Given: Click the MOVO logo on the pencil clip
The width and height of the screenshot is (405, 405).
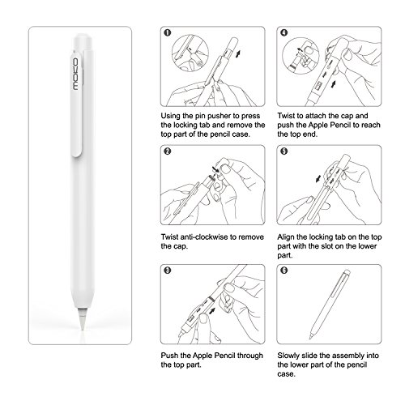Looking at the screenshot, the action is pos(75,74).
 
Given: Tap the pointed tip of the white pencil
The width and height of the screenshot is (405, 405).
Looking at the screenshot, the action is pos(83,330).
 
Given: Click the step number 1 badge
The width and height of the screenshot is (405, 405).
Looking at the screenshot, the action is pos(168,32).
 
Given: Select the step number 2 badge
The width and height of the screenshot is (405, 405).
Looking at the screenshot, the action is pos(168,151).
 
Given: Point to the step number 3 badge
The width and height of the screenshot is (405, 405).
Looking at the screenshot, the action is pos(168,271).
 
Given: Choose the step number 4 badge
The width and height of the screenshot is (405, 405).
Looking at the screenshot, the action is pos(284,32).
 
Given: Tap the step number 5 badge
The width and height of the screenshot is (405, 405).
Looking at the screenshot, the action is pos(284,151).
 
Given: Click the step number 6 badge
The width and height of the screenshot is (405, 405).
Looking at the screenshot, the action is pos(284,271).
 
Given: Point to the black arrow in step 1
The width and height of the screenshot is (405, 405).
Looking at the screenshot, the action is pos(238,53).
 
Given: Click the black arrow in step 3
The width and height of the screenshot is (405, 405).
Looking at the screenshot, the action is pos(213,311).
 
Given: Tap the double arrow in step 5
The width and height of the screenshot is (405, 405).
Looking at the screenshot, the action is pos(319,178).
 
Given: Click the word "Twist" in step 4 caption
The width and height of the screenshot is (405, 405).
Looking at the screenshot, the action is pos(286,116).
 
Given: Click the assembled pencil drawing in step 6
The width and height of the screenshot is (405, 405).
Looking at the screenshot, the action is pos(330,304).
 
